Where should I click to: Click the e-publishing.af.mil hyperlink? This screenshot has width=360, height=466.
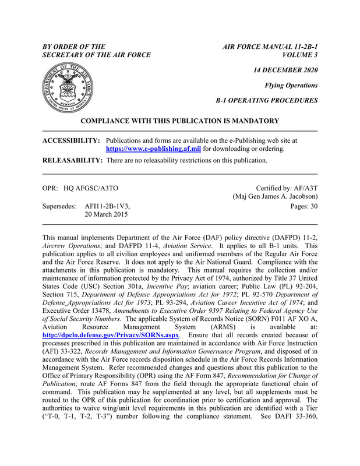click(153, 149)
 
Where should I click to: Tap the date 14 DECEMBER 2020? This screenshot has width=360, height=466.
click(282, 70)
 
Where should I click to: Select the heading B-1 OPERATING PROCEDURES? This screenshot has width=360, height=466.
click(266, 100)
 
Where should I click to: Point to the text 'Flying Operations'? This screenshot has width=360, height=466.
click(291, 85)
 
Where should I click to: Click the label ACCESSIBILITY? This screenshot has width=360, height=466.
click(72, 140)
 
